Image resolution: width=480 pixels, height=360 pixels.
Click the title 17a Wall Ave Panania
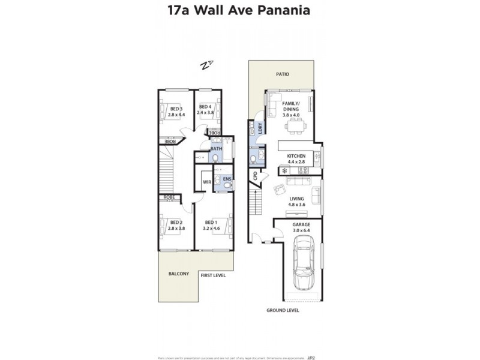(x=240, y=10)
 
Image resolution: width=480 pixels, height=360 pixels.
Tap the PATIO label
(x=282, y=74)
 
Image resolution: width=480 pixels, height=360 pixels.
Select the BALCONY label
(x=178, y=274)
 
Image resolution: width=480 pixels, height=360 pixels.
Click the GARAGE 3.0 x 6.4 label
(x=302, y=227)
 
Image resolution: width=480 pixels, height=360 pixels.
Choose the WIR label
(x=206, y=181)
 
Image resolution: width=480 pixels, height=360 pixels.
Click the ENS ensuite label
(x=227, y=179)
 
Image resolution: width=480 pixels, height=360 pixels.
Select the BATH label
(x=215, y=148)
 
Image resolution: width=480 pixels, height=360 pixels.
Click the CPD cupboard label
(x=255, y=176)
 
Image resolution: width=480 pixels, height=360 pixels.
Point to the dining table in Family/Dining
(x=295, y=127)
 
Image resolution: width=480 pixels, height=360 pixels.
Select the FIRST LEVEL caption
(x=214, y=275)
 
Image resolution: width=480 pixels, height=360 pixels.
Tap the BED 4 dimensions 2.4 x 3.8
(x=206, y=112)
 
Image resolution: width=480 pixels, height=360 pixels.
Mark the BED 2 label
(x=177, y=225)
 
